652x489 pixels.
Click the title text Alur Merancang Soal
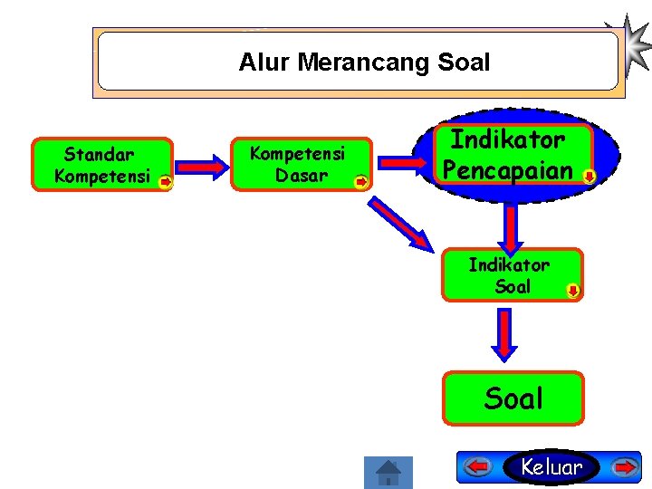[x=364, y=62]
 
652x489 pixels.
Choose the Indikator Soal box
[x=511, y=274]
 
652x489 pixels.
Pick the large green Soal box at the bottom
[x=513, y=398]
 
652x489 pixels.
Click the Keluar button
[x=552, y=467]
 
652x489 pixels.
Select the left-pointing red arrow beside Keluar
[x=478, y=467]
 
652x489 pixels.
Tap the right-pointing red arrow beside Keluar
[x=624, y=467]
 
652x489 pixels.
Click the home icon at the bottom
[x=388, y=472]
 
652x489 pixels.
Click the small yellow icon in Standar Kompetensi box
[x=166, y=182]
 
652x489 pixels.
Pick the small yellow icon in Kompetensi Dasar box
[x=360, y=182]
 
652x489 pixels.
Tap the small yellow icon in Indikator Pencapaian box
[x=589, y=176]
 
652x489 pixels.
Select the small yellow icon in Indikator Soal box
[x=573, y=291]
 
